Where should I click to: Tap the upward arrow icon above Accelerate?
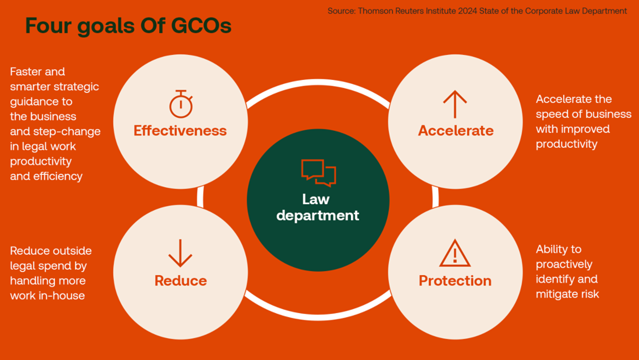tap(455, 104)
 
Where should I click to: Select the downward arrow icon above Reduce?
tap(180, 253)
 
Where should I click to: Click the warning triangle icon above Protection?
tap(455, 253)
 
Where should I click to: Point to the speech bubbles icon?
tap(319, 173)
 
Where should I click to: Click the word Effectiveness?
tap(180, 131)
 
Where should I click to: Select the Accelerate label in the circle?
tap(456, 131)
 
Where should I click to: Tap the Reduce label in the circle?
tap(181, 281)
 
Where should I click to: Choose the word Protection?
tap(455, 281)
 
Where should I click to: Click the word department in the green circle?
tap(318, 215)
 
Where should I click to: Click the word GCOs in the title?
tap(201, 25)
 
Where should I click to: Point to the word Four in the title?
tap(48, 25)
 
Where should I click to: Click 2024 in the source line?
tap(467, 11)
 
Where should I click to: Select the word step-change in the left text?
tap(67, 132)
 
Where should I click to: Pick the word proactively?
tap(564, 265)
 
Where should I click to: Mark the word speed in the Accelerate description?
tap(551, 115)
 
